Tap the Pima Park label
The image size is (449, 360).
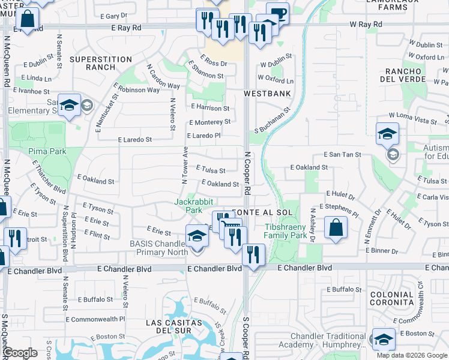click(x=47, y=151)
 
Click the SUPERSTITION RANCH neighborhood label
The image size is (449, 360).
click(x=100, y=63)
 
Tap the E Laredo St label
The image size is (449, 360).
click(x=135, y=139)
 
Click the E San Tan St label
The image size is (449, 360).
click(x=342, y=154)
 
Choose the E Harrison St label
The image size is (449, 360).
click(x=210, y=107)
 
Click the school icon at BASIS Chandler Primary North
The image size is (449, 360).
click(x=197, y=236)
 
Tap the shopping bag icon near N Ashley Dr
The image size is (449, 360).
click(x=336, y=227)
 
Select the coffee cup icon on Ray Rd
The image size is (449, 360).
click(x=277, y=13)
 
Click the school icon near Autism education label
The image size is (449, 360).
click(x=387, y=134)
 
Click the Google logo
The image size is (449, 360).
click(x=21, y=353)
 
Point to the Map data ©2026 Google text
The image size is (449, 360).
click(x=411, y=355)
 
